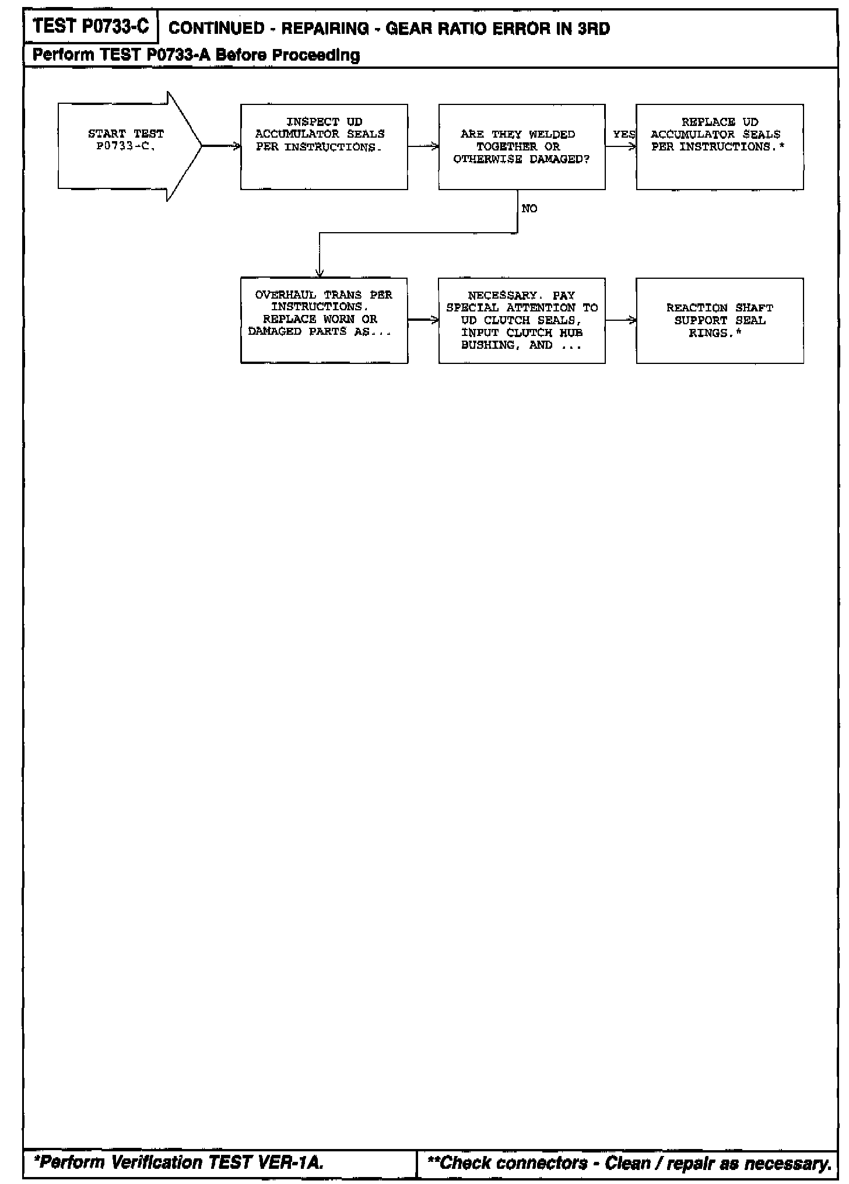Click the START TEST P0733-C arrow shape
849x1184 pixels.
125,146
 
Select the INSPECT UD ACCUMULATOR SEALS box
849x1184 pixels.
324,146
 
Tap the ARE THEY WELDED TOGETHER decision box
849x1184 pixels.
521,146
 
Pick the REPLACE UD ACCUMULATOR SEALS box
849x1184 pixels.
720,146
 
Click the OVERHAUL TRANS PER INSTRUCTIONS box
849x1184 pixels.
324,320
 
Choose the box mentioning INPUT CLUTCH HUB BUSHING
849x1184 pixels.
521,320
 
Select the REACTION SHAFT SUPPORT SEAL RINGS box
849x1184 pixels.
720,320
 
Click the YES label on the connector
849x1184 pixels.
623,135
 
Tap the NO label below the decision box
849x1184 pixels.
529,209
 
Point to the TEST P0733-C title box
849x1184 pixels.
91,27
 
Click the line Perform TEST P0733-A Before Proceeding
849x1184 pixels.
196,55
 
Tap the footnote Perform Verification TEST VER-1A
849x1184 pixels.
178,1163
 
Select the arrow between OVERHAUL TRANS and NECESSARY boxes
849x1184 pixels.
423,320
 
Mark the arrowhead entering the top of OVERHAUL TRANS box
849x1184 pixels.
319,273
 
